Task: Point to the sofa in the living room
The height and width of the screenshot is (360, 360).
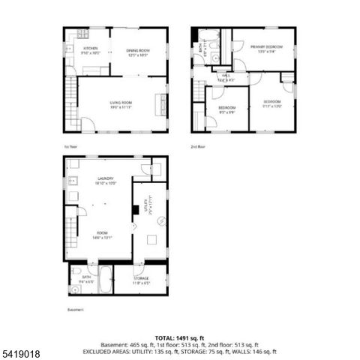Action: pyautogui.click(x=160, y=104)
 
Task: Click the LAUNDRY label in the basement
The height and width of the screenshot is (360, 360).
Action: pyautogui.click(x=105, y=179)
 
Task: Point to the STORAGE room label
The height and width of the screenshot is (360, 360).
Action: pyautogui.click(x=141, y=279)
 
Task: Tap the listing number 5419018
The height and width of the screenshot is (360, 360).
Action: pyautogui.click(x=20, y=352)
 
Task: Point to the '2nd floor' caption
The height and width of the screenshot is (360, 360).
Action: pyautogui.click(x=198, y=146)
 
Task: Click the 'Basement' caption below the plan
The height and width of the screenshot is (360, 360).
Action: pyautogui.click(x=75, y=309)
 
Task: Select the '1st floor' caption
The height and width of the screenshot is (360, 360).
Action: pyautogui.click(x=71, y=146)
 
